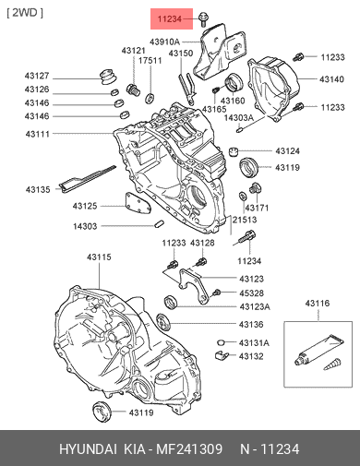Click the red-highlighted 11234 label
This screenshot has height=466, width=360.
click(x=170, y=19)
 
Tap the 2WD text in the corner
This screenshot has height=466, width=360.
click(x=25, y=13)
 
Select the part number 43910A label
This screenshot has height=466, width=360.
click(x=164, y=42)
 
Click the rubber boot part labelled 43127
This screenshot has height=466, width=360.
click(x=109, y=77)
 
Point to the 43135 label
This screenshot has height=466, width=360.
click(x=38, y=189)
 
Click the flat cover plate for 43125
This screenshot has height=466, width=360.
click(x=138, y=203)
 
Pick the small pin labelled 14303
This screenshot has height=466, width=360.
click(x=159, y=224)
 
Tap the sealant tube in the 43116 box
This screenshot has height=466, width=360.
click(x=318, y=350)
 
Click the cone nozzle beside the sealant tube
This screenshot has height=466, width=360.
click(x=332, y=364)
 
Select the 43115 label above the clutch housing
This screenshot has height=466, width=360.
click(x=99, y=257)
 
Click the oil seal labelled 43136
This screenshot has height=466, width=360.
click(x=163, y=322)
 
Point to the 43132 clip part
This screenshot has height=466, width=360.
click(x=221, y=355)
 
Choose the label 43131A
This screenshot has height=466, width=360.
click(x=254, y=342)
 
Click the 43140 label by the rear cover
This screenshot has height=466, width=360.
click(x=331, y=79)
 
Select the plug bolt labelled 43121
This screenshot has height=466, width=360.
click(x=133, y=90)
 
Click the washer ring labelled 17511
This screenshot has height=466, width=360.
click(x=150, y=98)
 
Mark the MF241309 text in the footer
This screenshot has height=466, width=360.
click(x=189, y=449)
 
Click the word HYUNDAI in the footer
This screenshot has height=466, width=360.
click(x=88, y=449)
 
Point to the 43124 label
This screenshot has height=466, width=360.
click(x=288, y=151)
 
